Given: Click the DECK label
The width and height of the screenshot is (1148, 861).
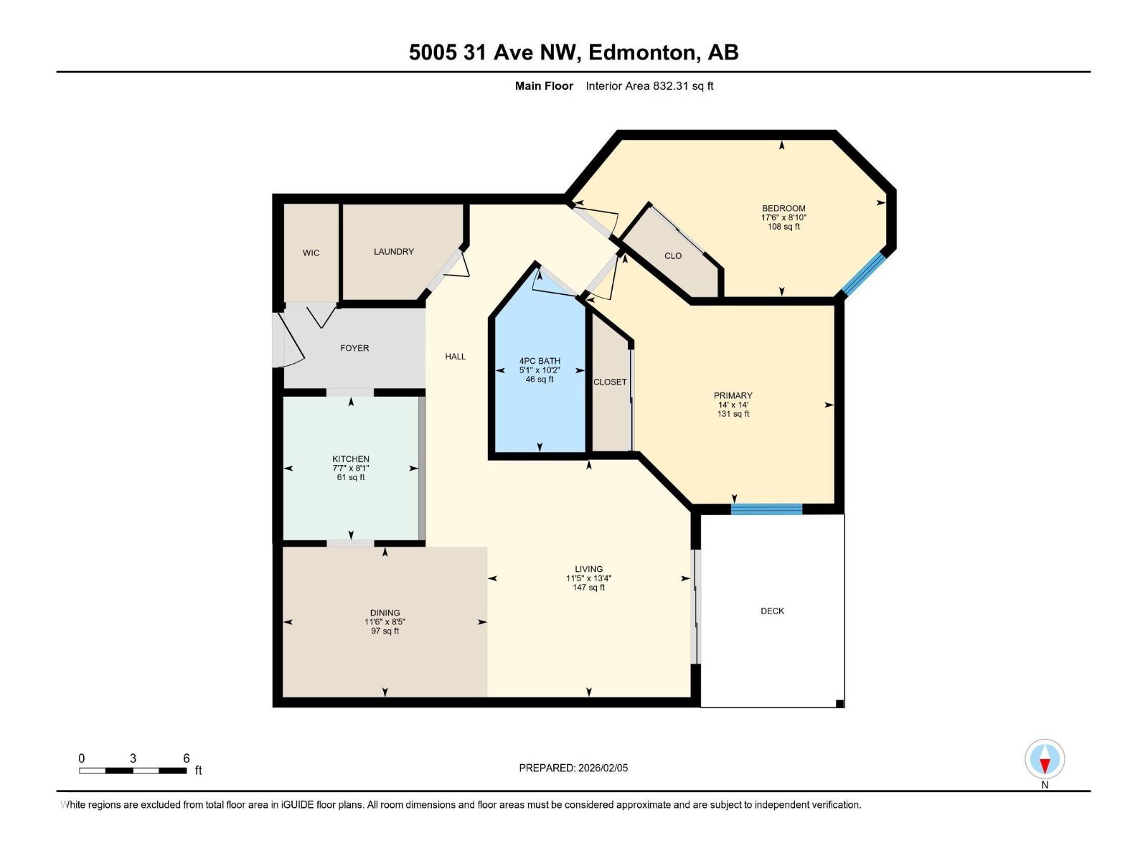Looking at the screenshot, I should tap(772, 611).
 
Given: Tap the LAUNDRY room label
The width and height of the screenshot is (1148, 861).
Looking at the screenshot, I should tap(393, 252).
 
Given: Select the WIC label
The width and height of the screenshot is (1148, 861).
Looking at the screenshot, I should tap(311, 253).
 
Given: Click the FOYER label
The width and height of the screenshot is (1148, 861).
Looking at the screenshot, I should tap(354, 348).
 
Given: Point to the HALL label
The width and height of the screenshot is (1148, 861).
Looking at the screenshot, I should tap(455, 357).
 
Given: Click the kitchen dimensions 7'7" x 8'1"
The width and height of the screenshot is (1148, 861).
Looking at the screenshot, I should tap(351, 468).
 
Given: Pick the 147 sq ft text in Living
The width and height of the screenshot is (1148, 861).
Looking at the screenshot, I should tap(588, 588).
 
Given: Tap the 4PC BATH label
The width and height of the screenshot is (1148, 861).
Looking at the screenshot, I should tap(540, 361).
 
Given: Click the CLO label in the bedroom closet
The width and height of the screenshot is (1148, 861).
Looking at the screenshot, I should tap(672, 256).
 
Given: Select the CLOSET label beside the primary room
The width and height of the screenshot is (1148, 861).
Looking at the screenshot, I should tap(610, 382).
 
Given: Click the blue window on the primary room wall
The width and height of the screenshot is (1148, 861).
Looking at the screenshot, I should tap(766, 509).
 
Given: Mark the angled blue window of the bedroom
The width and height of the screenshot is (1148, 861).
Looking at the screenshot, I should tap(864, 274).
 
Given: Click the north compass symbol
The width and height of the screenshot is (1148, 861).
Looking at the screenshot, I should tap(1045, 760).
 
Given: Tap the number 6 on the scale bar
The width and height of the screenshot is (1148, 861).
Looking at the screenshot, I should tap(186, 758).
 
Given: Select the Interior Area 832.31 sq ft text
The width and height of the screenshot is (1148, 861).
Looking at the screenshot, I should tap(649, 86).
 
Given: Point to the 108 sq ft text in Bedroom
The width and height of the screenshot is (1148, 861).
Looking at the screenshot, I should tap(784, 227).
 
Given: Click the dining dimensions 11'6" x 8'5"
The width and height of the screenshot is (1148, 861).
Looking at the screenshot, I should tap(385, 622).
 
